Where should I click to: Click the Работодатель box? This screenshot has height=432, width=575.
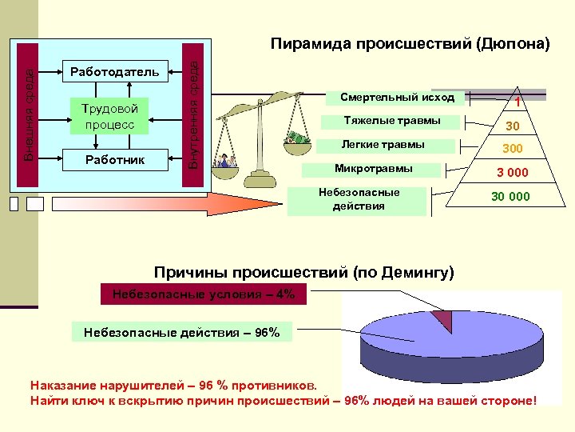[x=115, y=72]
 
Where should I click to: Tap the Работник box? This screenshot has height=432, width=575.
[x=115, y=159]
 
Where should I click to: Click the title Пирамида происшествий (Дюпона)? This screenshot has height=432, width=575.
[x=410, y=43]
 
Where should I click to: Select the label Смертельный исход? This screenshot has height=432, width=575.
[x=397, y=98]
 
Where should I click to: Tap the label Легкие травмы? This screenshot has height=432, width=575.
[x=383, y=145]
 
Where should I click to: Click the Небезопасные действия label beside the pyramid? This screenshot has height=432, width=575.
[x=359, y=199]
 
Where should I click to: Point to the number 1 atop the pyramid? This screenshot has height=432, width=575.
[x=518, y=102]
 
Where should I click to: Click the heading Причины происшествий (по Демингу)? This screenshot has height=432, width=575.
[x=304, y=272]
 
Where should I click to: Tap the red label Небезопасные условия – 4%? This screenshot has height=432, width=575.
[x=203, y=294]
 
